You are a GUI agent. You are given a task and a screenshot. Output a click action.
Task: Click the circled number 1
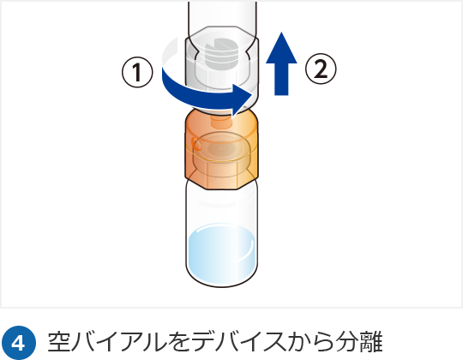137,72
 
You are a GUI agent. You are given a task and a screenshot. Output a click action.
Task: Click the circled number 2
321,69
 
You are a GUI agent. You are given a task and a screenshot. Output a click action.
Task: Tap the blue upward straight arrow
281,63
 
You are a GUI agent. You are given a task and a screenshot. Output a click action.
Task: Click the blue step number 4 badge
19,343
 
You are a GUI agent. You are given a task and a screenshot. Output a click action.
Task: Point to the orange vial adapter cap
221,150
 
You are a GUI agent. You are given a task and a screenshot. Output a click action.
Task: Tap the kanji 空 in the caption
59,342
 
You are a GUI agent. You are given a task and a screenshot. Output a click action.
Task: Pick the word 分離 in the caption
360,342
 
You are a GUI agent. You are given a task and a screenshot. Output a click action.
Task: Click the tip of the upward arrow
282,33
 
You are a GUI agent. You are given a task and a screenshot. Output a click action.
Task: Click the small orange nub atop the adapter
221,120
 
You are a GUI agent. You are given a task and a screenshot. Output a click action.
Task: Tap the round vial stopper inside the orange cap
220,147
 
